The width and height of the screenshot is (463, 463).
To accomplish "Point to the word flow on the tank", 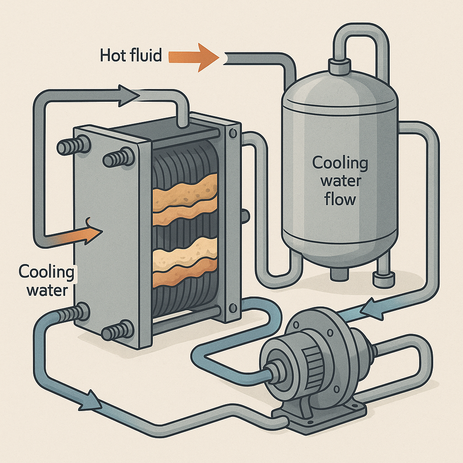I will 340,199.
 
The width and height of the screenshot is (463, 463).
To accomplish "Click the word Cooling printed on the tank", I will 340,163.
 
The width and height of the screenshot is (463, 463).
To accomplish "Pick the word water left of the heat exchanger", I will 47,290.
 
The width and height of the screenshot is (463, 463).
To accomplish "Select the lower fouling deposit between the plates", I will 185,262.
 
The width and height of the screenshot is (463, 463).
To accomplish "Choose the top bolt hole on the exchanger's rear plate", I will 233,133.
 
